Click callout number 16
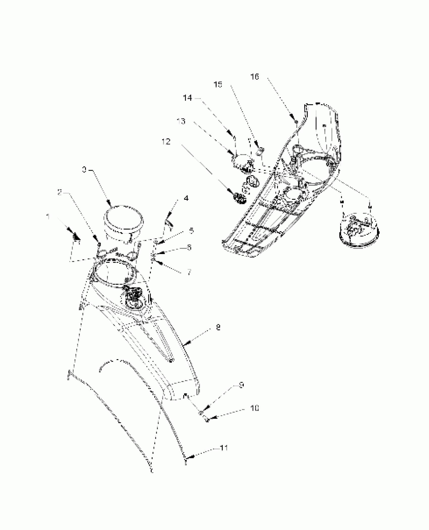[x=255, y=77]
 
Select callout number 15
[x=218, y=85]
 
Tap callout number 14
[x=187, y=98]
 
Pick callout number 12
[x=166, y=142]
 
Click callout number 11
[x=224, y=448]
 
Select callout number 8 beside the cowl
[x=218, y=328]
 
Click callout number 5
[x=192, y=231]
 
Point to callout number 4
[x=186, y=199]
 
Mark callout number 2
[x=60, y=193]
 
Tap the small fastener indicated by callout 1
[x=76, y=238]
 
